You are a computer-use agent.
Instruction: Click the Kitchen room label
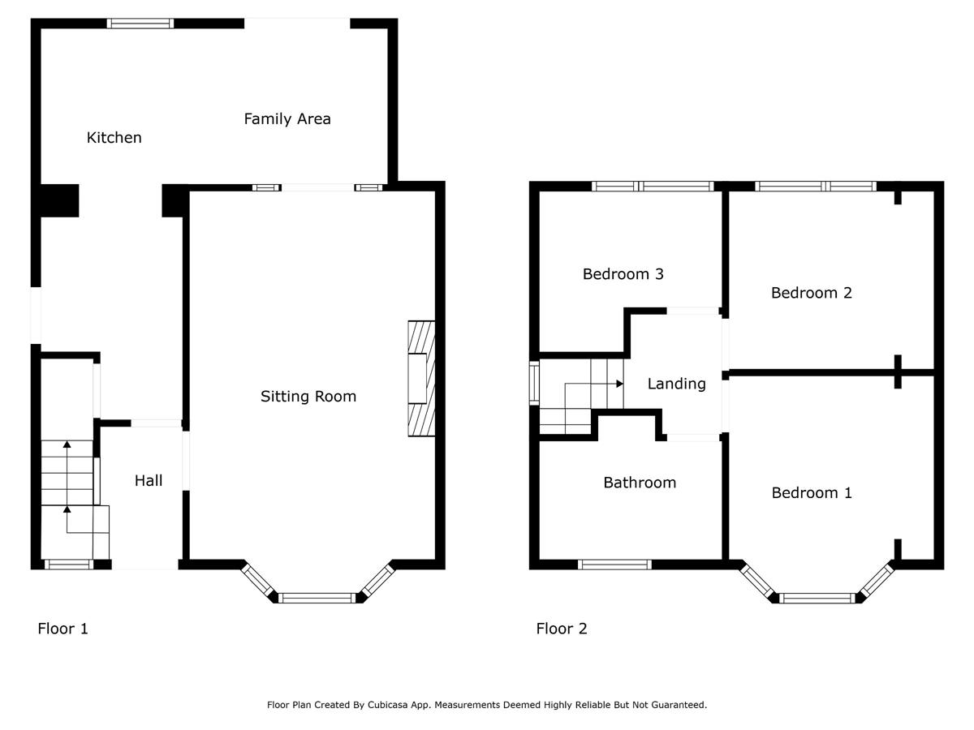tap(114, 138)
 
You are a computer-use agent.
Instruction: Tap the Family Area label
tap(287, 119)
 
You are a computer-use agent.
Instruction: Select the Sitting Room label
tap(308, 397)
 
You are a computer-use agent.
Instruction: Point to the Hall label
tap(149, 481)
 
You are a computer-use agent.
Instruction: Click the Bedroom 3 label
tap(623, 274)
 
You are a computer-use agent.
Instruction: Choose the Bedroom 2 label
tap(812, 293)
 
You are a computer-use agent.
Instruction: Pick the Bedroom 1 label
tap(812, 493)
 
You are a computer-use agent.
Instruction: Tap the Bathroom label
tap(640, 483)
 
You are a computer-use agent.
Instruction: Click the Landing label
tap(676, 384)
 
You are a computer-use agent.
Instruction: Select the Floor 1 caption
tap(62, 629)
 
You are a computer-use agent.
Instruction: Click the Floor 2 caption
tap(562, 629)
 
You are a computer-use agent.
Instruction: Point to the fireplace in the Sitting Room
tap(421, 380)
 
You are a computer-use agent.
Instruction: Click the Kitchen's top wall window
tap(141, 24)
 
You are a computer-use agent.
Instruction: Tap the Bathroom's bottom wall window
tap(615, 565)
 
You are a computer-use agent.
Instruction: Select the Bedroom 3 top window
tap(653, 187)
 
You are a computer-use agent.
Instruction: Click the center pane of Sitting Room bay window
tap(317, 599)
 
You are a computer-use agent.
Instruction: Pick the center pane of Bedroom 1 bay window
tap(817, 599)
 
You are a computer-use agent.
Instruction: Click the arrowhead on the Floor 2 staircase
tap(619, 384)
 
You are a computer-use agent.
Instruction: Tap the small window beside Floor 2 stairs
tap(534, 383)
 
